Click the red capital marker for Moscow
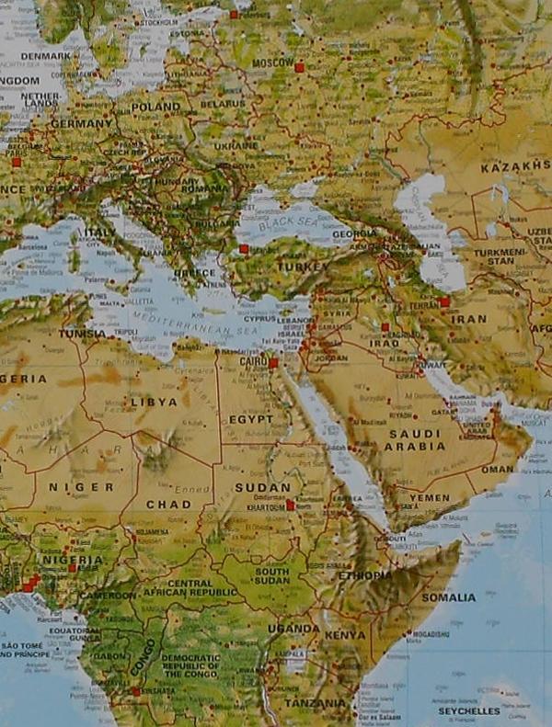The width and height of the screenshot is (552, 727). click(x=299, y=67)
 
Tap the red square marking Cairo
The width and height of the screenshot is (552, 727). click(x=273, y=363)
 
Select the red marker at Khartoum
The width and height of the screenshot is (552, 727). click(x=291, y=505)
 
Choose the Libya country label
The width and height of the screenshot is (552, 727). click(x=154, y=402)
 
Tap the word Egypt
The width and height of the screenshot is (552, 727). click(x=251, y=419)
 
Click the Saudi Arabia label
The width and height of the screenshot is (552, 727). click(x=414, y=440)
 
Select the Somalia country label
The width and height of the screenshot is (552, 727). click(x=449, y=596)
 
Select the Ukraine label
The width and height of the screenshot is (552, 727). click(x=236, y=145)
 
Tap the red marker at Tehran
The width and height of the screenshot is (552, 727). click(x=444, y=301)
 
